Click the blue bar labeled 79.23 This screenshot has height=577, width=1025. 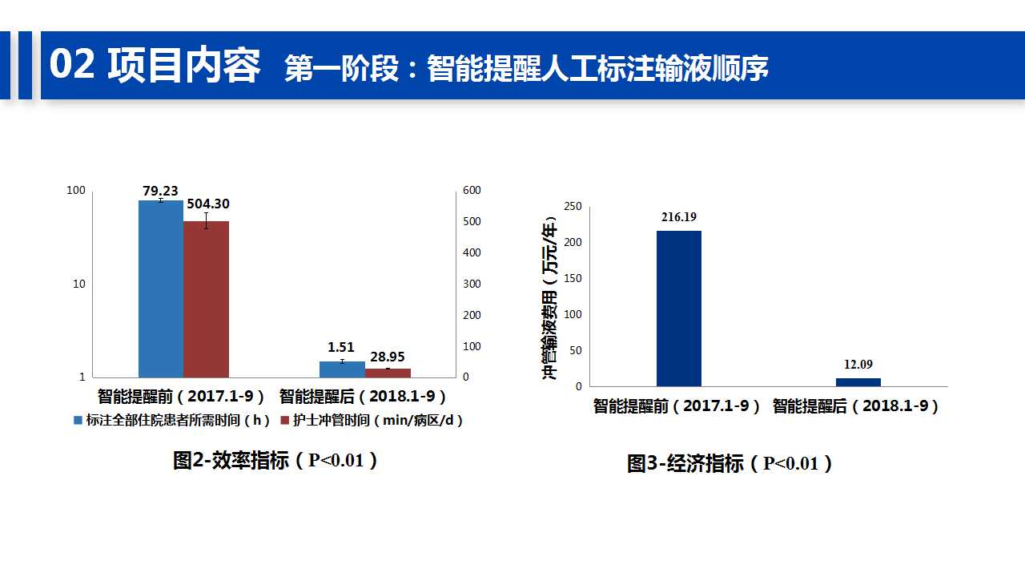click(161, 289)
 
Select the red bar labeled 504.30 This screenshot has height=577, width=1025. click(206, 300)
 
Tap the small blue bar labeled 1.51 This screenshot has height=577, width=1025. click(342, 369)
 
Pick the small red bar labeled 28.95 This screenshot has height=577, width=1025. click(388, 373)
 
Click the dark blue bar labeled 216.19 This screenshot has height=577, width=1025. click(679, 309)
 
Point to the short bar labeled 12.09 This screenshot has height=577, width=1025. click(858, 382)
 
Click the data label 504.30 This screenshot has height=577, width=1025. click(208, 204)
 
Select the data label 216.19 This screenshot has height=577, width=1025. click(679, 217)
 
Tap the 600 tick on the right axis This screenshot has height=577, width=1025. click(472, 190)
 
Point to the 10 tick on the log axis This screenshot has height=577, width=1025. click(79, 284)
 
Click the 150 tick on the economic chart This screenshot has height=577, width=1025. click(573, 278)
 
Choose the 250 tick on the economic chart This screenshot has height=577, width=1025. click(573, 206)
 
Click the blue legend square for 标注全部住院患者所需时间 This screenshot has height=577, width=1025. click(78, 420)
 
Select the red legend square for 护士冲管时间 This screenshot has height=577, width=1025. click(284, 420)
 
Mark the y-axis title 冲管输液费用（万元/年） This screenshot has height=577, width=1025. click(549, 297)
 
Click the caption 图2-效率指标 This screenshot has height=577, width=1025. click(231, 460)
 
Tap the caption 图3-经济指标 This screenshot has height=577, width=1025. click(685, 463)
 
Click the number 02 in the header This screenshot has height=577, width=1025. click(72, 65)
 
